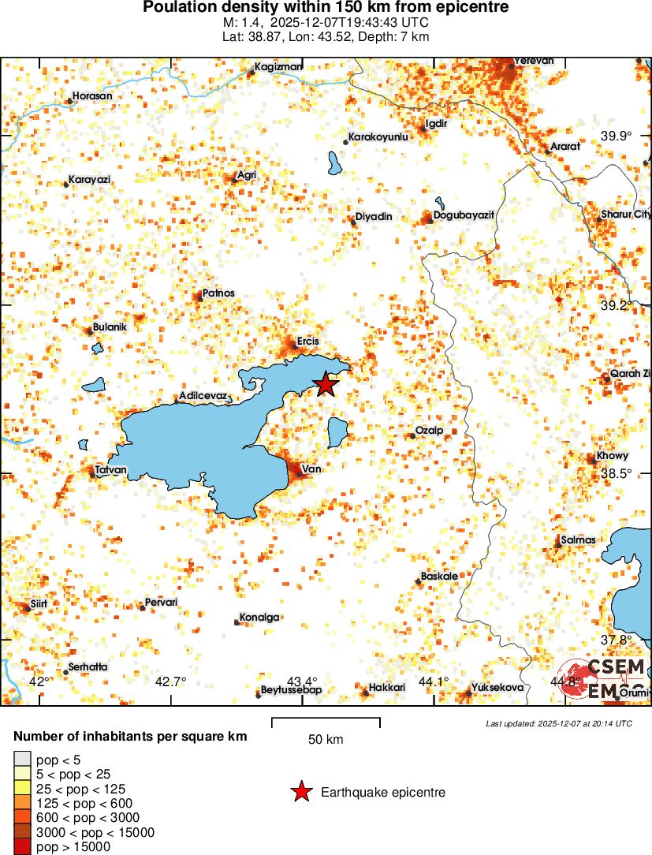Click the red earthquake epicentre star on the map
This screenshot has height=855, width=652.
pos(326,384)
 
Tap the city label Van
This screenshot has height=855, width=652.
pos(311,469)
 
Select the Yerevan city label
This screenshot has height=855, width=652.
pos(534,61)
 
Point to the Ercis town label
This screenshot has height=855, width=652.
pos(307,342)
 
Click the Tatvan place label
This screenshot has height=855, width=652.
pos(110,470)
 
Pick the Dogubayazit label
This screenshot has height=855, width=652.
pos(464,215)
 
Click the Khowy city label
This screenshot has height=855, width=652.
pos(612,457)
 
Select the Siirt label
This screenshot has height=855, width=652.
pos(39,603)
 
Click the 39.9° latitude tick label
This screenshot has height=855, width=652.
pos(616,136)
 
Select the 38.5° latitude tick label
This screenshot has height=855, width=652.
pos(616,473)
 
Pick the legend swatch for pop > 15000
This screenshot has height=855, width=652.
pos(22,847)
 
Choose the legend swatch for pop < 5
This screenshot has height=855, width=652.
pos(22,759)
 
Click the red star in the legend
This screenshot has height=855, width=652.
pos(300,793)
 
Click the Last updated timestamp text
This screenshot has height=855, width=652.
pos(558,723)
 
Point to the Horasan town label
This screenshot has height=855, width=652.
pos(91,97)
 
